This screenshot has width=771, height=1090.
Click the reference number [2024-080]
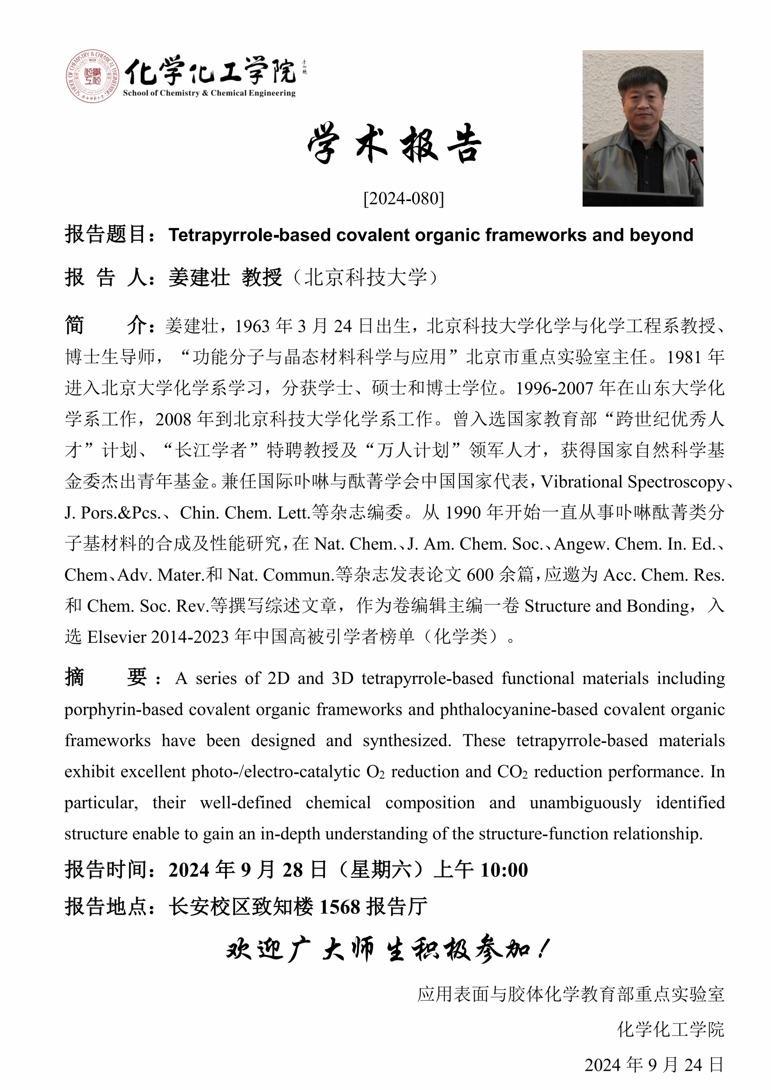tap(404, 198)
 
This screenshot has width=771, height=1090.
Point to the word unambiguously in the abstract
tap(585, 803)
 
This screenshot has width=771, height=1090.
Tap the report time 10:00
tap(504, 870)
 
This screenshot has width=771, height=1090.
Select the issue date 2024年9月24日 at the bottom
tap(654, 1065)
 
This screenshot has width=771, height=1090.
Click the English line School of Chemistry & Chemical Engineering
tap(209, 93)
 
